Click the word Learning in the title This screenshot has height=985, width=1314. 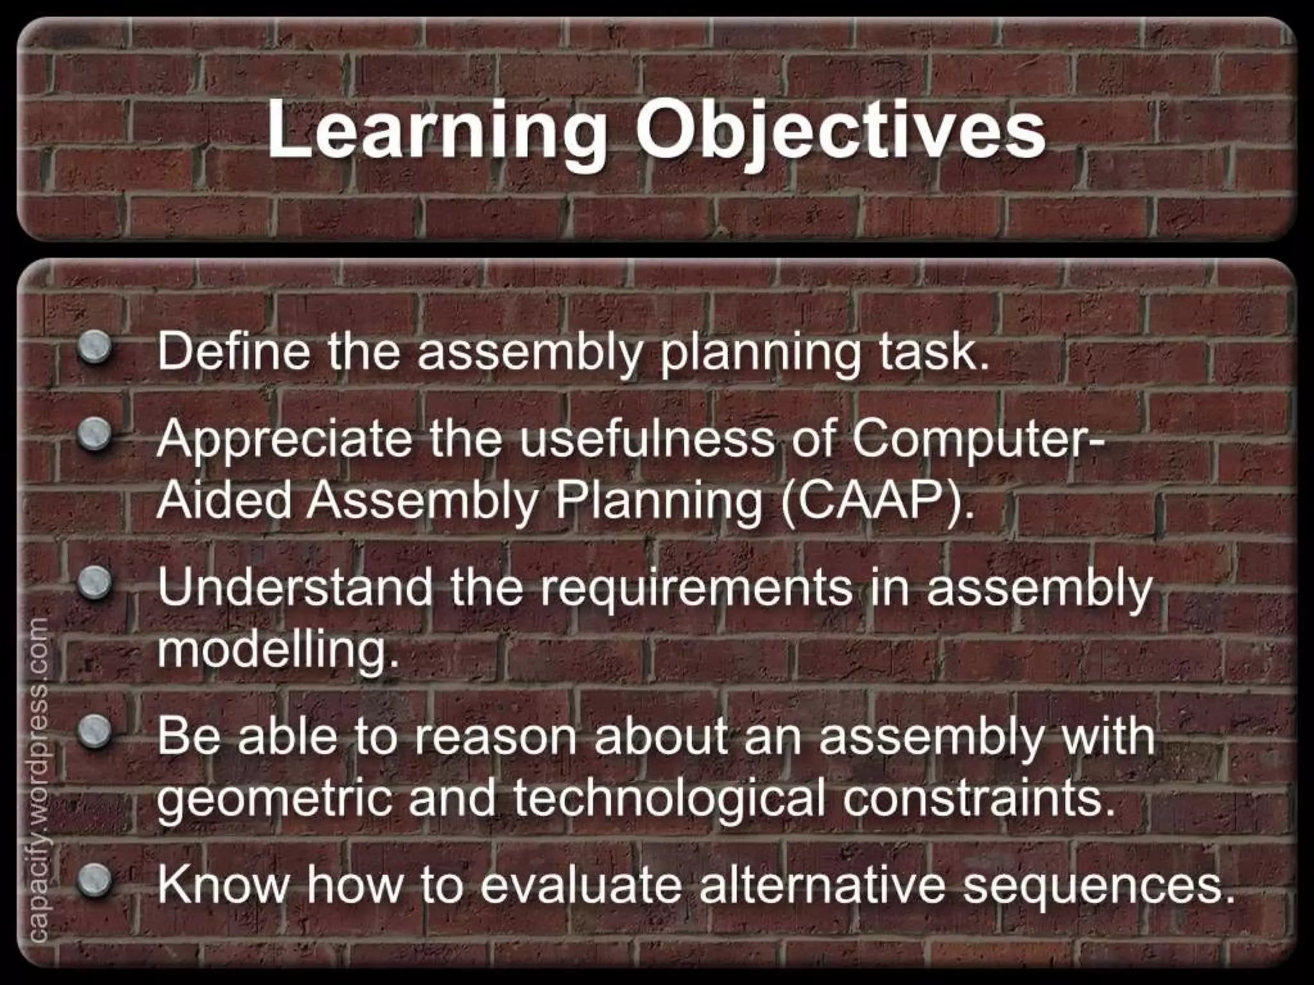pyautogui.click(x=436, y=131)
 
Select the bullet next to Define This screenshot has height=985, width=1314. pyautogui.click(x=95, y=348)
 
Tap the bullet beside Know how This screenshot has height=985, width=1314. pyautogui.click(x=95, y=880)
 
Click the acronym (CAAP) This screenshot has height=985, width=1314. pyautogui.click(x=876, y=500)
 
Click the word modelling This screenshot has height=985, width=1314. pyautogui.click(x=277, y=650)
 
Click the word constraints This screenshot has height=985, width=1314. pyautogui.click(x=978, y=798)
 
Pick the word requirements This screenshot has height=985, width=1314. pyautogui.click(x=696, y=589)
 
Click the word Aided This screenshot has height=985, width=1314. pyautogui.click(x=225, y=500)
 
